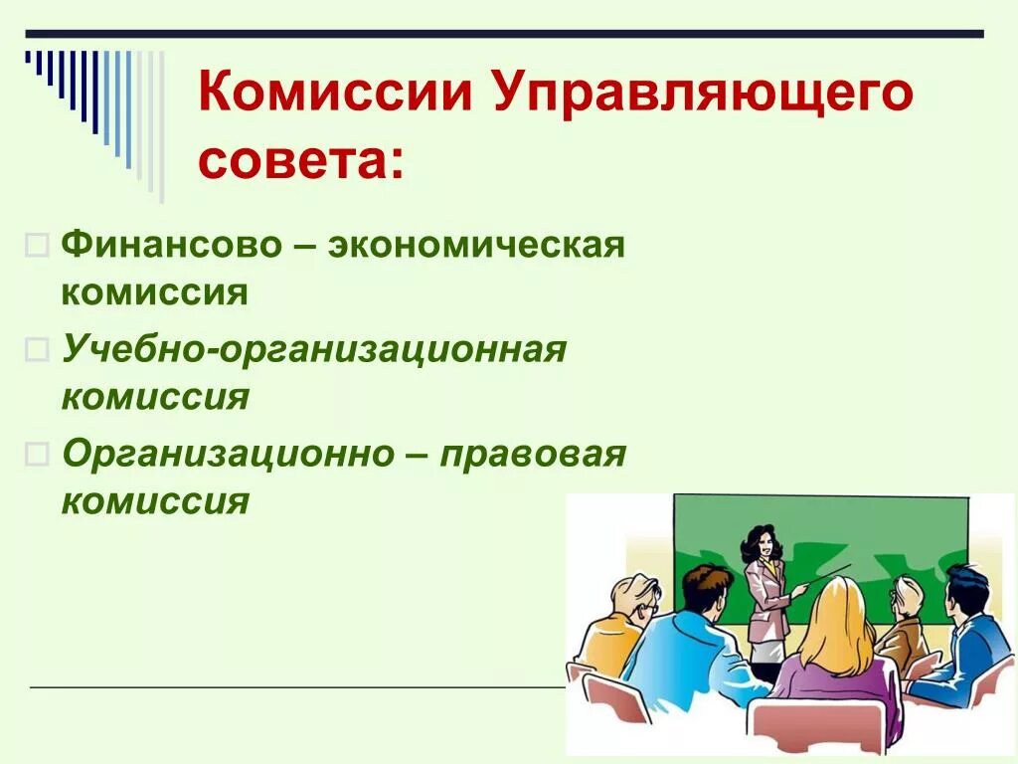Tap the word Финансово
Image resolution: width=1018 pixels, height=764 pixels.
pos(172,245)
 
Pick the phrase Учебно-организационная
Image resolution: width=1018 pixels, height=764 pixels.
pos(313,349)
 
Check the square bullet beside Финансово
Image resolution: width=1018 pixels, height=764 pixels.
pos(36,246)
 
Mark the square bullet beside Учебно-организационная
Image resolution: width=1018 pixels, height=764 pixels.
pos(36,349)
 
